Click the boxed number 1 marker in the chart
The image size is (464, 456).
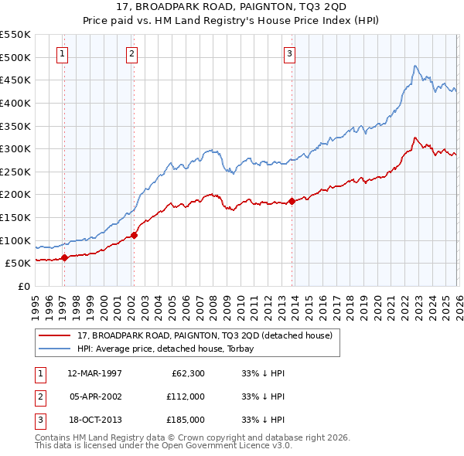click(x=61, y=54)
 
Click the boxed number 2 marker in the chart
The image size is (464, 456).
click(x=132, y=54)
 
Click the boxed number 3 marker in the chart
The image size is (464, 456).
click(x=288, y=54)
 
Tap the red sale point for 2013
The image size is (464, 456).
click(x=292, y=201)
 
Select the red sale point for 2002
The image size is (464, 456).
click(x=134, y=234)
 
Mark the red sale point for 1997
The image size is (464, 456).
click(x=64, y=257)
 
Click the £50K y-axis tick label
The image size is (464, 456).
click(x=18, y=263)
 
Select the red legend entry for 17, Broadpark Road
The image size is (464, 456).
click(x=205, y=335)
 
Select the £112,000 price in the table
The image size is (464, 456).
click(x=186, y=396)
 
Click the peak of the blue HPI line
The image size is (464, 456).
click(x=415, y=66)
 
